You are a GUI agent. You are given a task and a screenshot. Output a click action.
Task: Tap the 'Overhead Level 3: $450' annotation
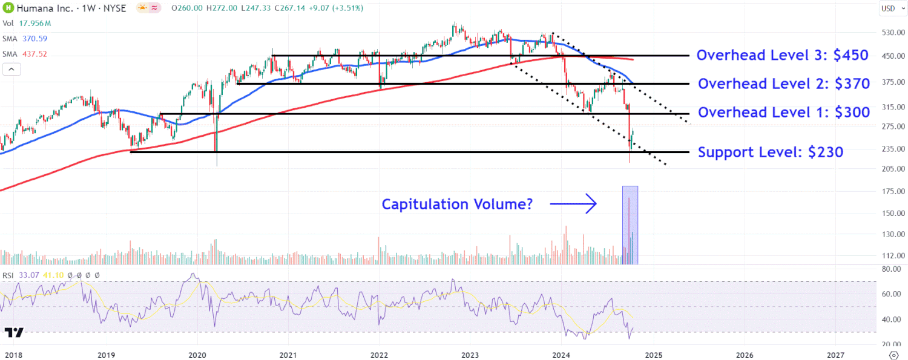point(782,55)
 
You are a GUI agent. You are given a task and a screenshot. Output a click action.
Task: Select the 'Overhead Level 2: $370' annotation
point(783,83)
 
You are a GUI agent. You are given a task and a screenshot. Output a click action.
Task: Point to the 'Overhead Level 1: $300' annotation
point(783,112)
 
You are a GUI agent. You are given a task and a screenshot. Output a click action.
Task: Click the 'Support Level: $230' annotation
point(770,152)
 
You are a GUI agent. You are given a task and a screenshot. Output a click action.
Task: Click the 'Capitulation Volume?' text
point(457,205)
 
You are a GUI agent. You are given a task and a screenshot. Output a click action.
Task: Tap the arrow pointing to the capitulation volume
point(573,205)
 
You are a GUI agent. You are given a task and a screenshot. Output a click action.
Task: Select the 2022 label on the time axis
point(379,354)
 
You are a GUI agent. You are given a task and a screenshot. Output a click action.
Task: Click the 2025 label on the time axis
point(653,354)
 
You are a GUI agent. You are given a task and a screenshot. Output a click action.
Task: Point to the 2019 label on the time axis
point(106,354)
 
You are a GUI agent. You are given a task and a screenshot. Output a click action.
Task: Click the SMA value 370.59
point(35,38)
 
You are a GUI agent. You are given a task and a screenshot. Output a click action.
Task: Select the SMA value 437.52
point(35,54)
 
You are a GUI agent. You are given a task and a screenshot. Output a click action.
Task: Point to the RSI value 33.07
point(27,275)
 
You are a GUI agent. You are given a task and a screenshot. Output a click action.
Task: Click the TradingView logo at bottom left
point(14,333)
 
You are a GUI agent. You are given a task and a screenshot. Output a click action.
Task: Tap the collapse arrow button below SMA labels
point(12,69)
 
